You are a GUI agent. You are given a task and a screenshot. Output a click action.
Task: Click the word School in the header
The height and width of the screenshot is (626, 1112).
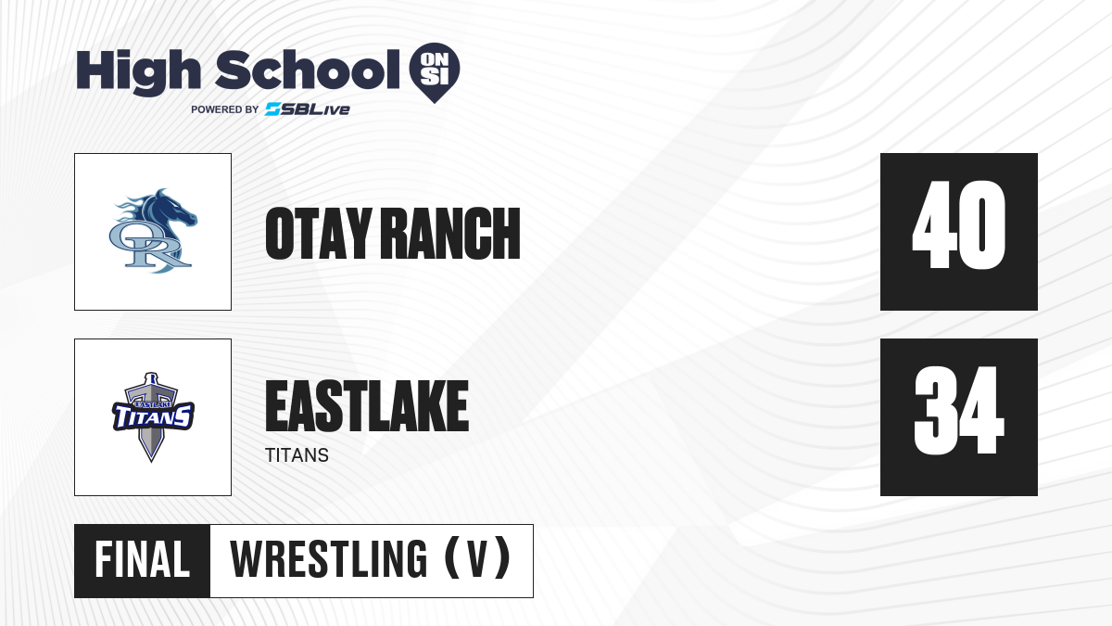point(308,69)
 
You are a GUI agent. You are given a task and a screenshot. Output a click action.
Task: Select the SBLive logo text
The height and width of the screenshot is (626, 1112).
point(308,109)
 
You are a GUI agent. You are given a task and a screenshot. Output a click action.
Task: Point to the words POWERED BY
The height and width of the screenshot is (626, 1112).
point(225,109)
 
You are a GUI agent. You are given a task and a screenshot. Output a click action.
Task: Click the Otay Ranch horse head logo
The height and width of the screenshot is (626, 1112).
point(153,231)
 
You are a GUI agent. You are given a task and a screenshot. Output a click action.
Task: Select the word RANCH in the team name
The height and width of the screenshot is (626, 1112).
point(453,234)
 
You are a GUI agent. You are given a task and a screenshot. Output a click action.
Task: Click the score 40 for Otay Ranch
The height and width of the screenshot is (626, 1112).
point(958,224)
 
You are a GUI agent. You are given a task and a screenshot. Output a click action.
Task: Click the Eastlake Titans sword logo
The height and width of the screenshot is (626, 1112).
point(153,416)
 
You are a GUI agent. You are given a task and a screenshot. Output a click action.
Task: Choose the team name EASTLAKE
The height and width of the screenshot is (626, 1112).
point(367,406)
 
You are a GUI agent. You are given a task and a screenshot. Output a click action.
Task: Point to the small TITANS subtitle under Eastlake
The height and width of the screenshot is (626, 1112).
point(297,455)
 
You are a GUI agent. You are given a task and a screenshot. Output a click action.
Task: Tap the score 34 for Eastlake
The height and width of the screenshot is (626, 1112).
point(958,410)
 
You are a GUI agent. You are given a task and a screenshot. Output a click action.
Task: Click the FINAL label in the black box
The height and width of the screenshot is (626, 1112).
point(142,560)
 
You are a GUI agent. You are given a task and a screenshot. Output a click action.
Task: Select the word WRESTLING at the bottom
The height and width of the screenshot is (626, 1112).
point(328,559)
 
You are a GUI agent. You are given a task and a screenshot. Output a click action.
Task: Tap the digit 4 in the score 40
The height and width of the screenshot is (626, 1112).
point(934,224)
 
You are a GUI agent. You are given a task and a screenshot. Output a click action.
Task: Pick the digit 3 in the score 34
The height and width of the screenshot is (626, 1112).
point(935,410)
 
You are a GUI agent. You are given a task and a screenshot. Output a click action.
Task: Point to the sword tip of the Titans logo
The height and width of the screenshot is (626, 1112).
point(151,462)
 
